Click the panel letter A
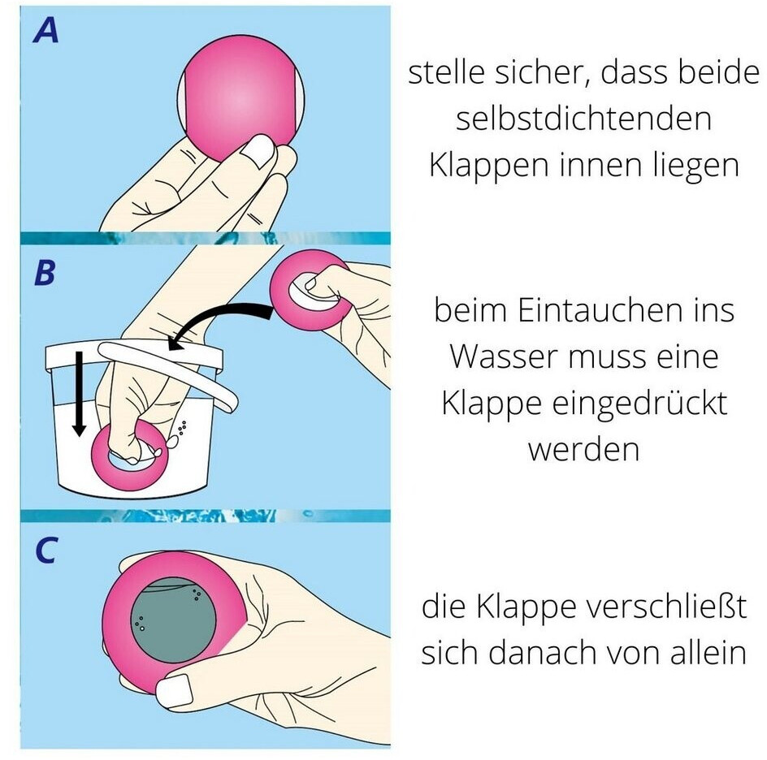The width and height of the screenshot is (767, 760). click(x=45, y=30)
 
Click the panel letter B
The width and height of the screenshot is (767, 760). click(x=45, y=273)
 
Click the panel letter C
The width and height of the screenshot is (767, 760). click(x=46, y=550)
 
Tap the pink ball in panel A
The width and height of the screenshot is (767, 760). click(x=241, y=97)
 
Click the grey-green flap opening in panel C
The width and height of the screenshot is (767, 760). click(x=174, y=620)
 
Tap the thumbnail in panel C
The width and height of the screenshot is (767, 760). click(x=173, y=691)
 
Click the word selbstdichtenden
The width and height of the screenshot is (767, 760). click(x=583, y=119)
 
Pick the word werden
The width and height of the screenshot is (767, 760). click(x=583, y=449)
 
